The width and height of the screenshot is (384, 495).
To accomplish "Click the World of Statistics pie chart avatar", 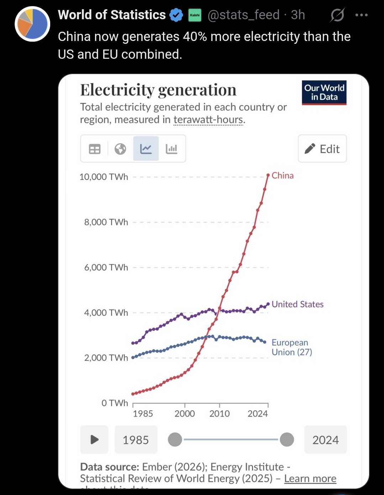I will tap(32, 24).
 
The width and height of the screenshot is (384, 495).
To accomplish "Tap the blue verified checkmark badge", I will tap(176, 15).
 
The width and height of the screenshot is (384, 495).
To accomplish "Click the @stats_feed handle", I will tap(243, 15).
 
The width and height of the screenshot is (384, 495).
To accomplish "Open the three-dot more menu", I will tap(361, 15).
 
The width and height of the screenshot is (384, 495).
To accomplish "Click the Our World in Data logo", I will tap(324, 93).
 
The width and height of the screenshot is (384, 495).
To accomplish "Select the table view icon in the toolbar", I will tap(95, 149).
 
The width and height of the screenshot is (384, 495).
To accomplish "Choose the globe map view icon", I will tap(120, 149).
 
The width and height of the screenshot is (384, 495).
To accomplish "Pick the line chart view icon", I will tap(146, 149).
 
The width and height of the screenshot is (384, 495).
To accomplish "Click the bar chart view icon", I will tap(172, 149).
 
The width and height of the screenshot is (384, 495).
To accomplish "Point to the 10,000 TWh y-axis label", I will tap(104, 177).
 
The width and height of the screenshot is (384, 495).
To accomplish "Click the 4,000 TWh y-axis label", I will tap(106, 313).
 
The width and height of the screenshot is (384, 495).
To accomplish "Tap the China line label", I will tap(283, 176).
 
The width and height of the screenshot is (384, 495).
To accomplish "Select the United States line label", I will tap(298, 304).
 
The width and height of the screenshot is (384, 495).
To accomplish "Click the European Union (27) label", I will tap(291, 347).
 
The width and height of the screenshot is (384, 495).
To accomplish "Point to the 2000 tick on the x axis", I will tap(185, 413).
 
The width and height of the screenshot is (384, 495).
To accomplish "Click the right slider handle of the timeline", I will tap(287, 439).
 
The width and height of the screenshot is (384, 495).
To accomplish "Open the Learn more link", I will tap(310, 479).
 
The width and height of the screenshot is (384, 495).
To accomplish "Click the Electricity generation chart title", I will tap(158, 90).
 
